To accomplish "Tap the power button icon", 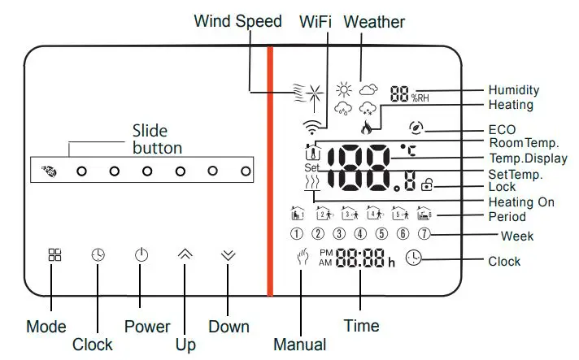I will click(141, 254).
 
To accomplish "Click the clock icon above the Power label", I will click(98, 254).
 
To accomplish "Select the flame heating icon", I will click(366, 126).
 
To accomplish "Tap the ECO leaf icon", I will click(417, 128).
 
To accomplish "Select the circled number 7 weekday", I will click(423, 235).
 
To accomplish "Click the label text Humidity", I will click(512, 89).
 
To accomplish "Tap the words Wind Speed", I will click(237, 21).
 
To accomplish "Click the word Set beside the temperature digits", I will click(313, 168).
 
